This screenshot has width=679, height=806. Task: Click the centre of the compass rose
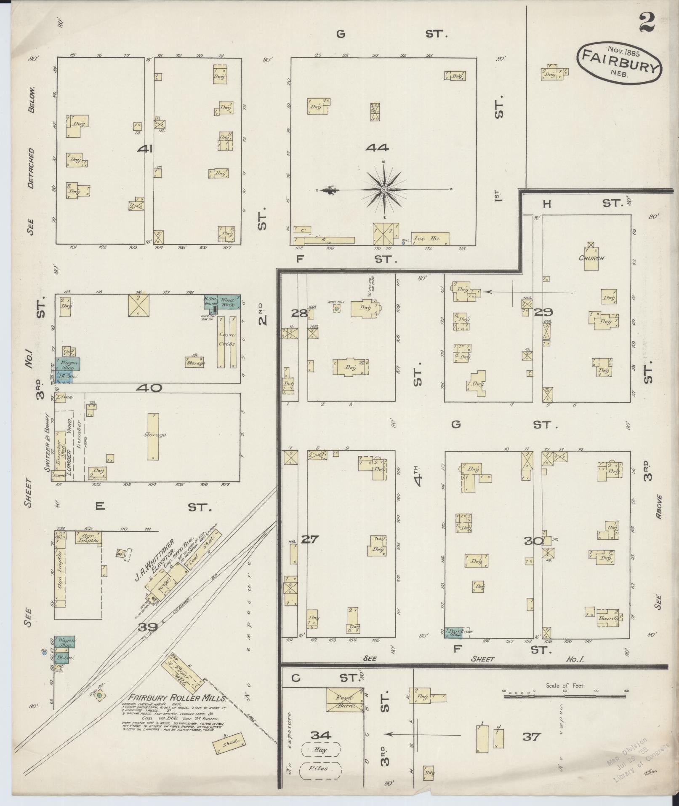coord(384,190)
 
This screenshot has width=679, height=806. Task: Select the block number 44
coord(377,147)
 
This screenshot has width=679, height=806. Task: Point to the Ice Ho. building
coord(430,238)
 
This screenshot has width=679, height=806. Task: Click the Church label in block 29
coord(591,258)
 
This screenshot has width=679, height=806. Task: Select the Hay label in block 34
coord(320,750)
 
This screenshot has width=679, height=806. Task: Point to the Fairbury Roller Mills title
coord(178,697)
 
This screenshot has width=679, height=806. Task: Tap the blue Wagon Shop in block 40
coord(67,364)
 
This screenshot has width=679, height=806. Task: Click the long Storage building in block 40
coord(153,436)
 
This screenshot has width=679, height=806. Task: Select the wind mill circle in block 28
coord(336,309)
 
